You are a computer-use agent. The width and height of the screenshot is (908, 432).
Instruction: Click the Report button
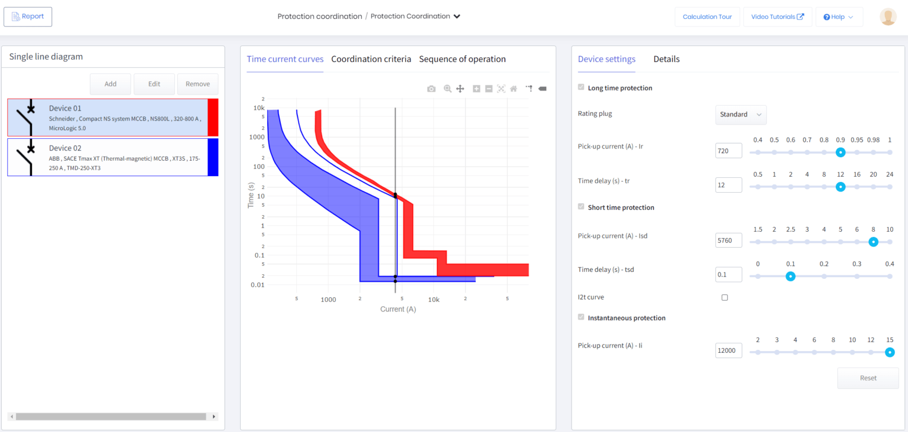[28, 17]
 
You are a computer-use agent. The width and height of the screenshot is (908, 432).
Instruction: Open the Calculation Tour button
[707, 17]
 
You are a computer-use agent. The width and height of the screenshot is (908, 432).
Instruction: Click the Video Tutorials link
[777, 17]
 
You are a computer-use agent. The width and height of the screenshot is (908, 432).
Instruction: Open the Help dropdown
[838, 17]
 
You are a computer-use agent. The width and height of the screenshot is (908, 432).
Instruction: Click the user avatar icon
[888, 17]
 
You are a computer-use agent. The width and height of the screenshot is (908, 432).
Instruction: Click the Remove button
[197, 84]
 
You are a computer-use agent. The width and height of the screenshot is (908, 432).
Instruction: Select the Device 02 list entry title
[65, 148]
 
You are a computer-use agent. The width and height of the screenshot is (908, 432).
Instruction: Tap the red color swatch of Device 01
[213, 117]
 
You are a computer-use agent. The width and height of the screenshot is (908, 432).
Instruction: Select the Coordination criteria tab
[371, 59]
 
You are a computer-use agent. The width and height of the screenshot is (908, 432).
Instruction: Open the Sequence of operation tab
[462, 59]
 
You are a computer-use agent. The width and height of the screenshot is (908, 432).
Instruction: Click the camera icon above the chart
[432, 89]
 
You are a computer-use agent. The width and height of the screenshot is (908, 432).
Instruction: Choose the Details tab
[666, 59]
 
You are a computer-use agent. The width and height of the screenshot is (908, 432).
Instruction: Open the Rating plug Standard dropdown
[740, 114]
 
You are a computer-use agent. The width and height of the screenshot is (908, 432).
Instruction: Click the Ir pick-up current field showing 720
[728, 151]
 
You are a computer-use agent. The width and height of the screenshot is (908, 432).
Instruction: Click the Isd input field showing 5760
[728, 241]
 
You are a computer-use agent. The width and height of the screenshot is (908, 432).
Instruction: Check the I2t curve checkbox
[725, 298]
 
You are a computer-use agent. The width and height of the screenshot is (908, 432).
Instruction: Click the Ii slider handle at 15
[890, 352]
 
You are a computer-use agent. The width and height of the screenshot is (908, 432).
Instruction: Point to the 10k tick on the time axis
[259, 108]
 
